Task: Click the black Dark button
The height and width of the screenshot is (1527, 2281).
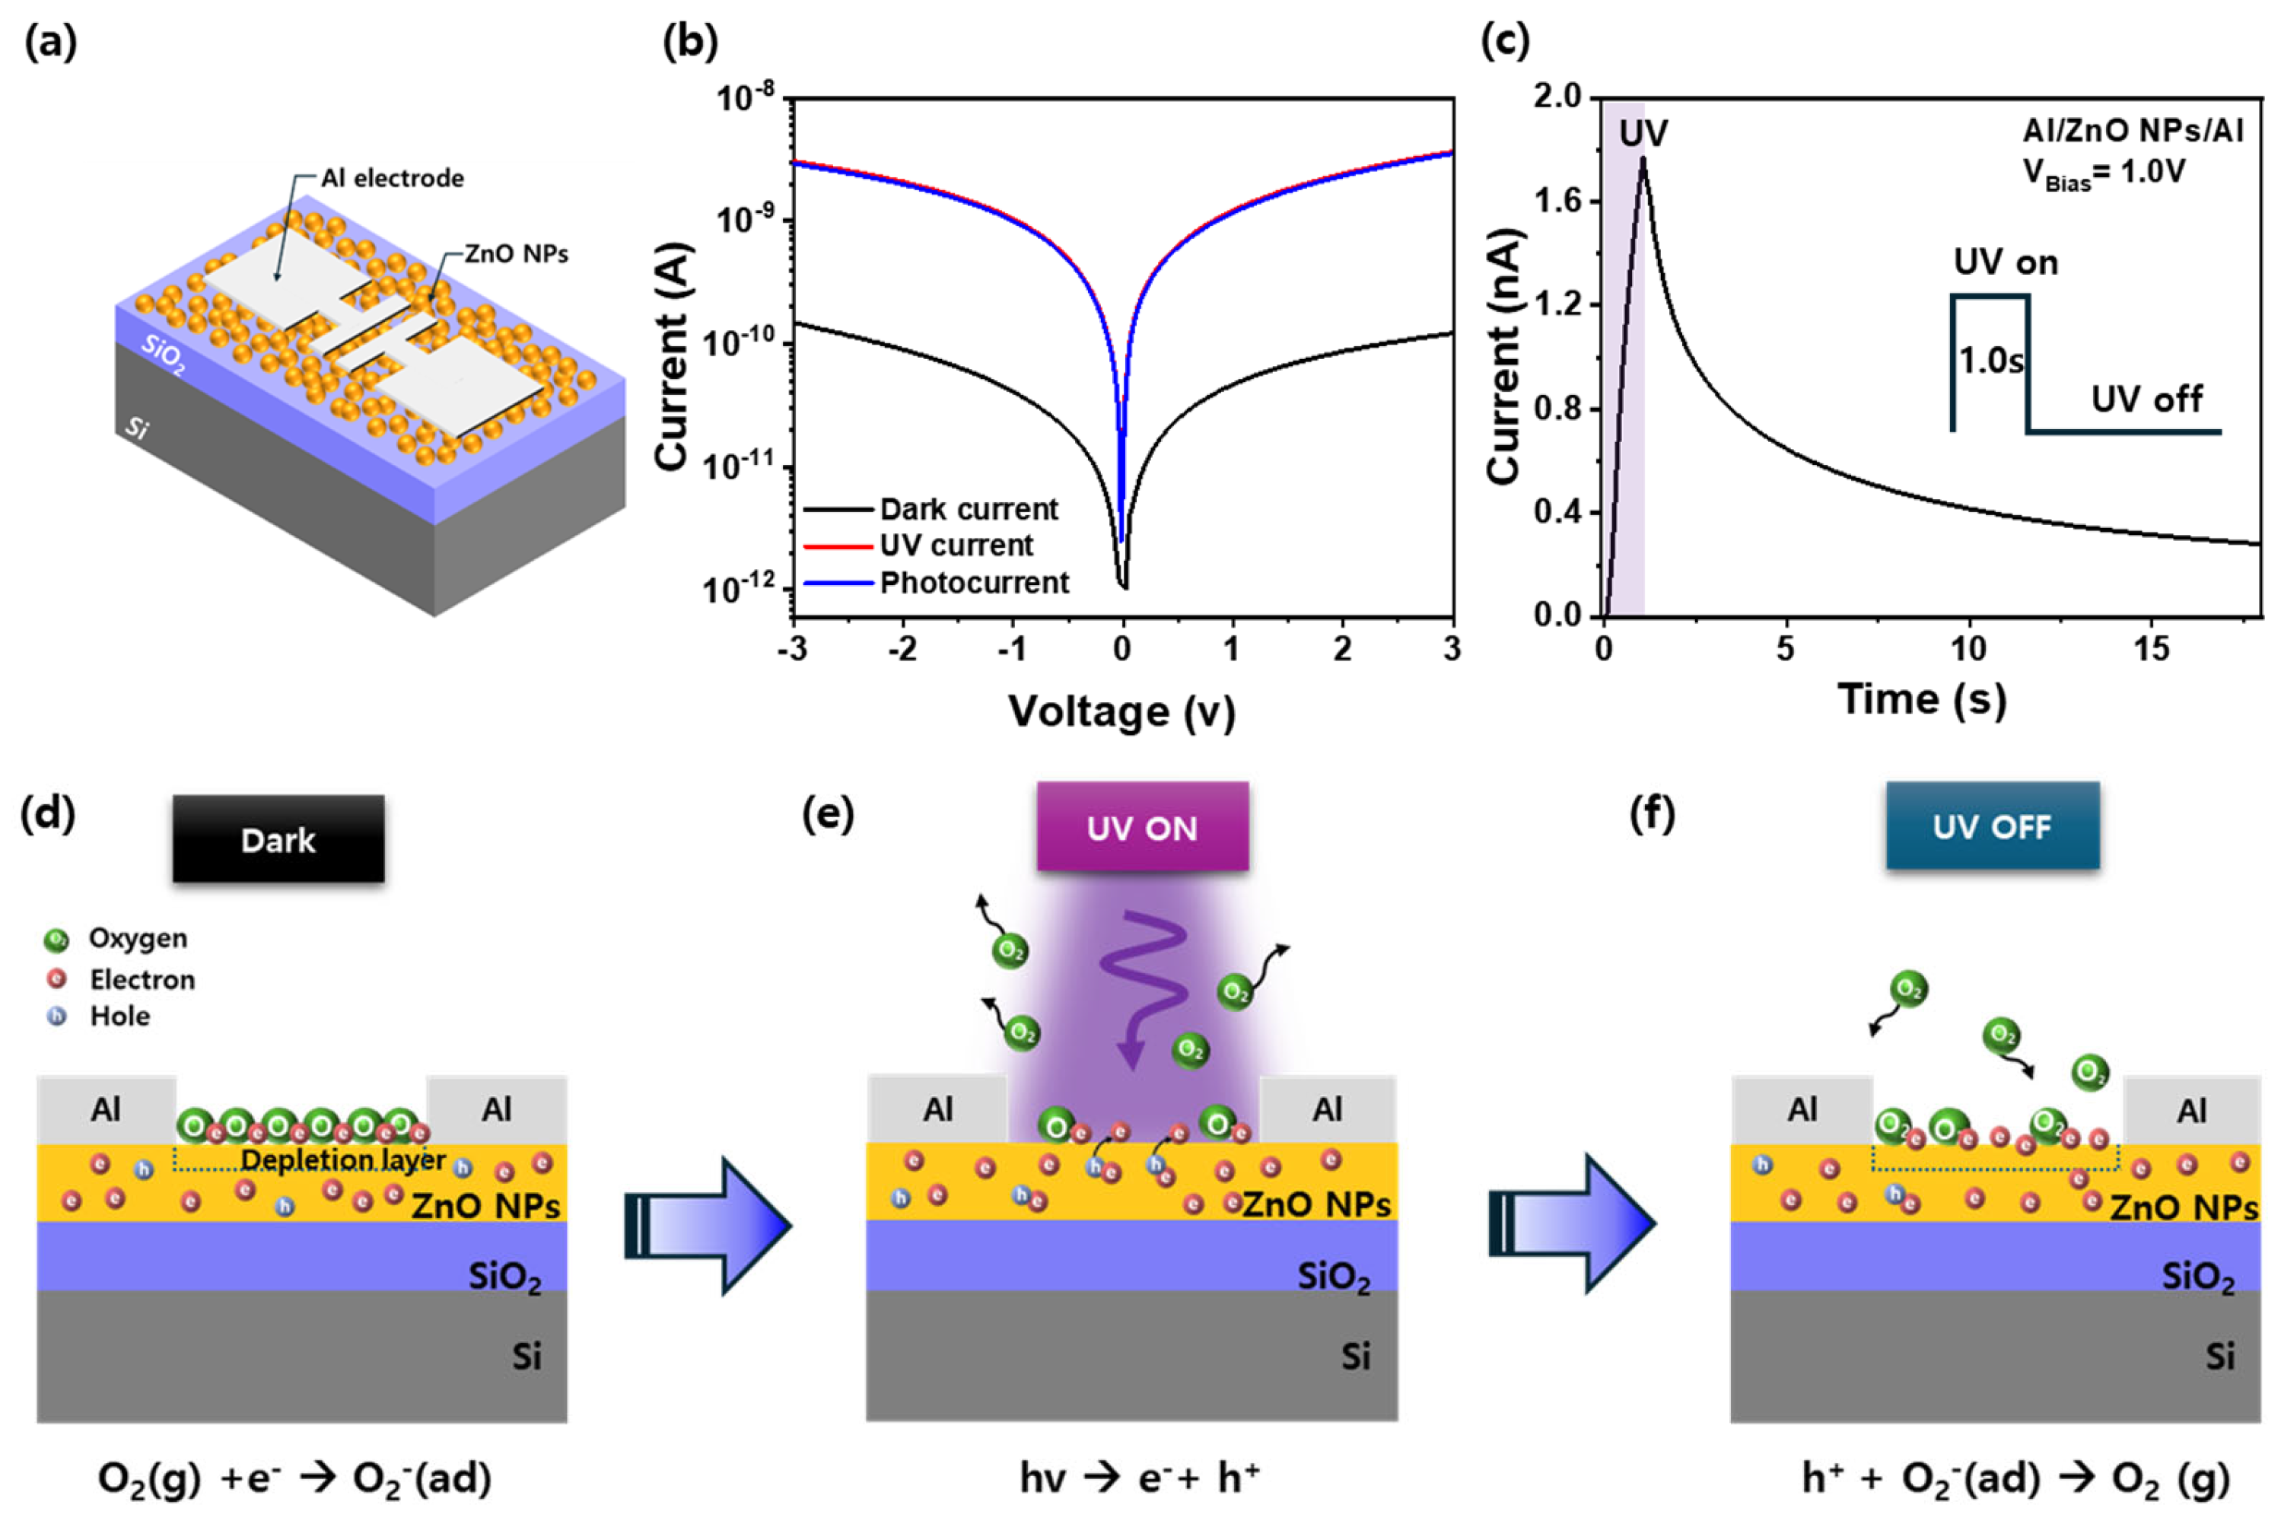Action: click(x=278, y=839)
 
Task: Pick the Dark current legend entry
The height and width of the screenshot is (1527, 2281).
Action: click(x=968, y=508)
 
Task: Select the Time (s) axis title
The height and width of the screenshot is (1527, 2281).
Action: click(x=1922, y=699)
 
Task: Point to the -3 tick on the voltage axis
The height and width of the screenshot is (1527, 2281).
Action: click(x=792, y=648)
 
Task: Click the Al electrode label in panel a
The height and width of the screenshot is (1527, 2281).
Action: click(x=393, y=178)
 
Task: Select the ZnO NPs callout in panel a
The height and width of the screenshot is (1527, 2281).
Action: click(x=516, y=254)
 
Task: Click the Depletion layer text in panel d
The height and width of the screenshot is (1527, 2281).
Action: click(x=343, y=1160)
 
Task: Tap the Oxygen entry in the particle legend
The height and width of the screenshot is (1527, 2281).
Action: click(x=137, y=938)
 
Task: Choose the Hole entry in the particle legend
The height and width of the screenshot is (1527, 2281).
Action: click(x=119, y=1016)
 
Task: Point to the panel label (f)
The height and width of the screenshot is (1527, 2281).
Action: click(x=1652, y=813)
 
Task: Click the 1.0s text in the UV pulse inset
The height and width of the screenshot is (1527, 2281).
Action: click(x=1991, y=361)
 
